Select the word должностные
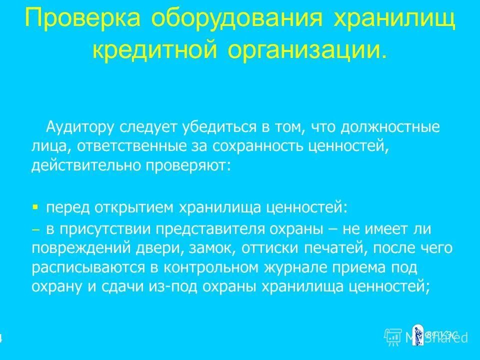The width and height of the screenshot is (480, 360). click(390, 127)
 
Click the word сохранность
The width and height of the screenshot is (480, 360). click(256, 146)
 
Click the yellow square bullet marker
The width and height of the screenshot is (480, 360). click(35, 205)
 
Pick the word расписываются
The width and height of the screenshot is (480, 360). click(88, 267)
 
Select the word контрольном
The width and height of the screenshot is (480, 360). click(209, 267)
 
